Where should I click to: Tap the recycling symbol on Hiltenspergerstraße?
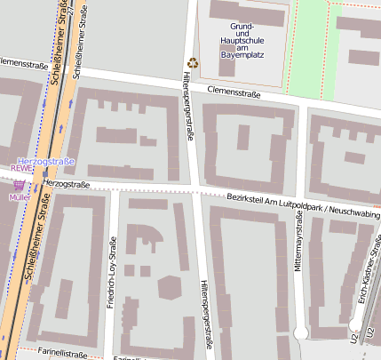[193, 63]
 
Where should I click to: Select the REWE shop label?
[20, 167]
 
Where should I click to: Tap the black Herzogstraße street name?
[66, 184]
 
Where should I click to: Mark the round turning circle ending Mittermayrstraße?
[300, 332]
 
